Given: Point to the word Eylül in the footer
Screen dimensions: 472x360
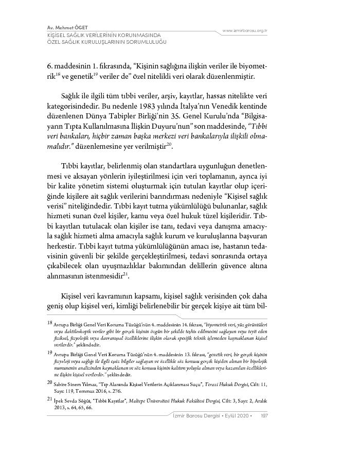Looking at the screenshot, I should (230, 415).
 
